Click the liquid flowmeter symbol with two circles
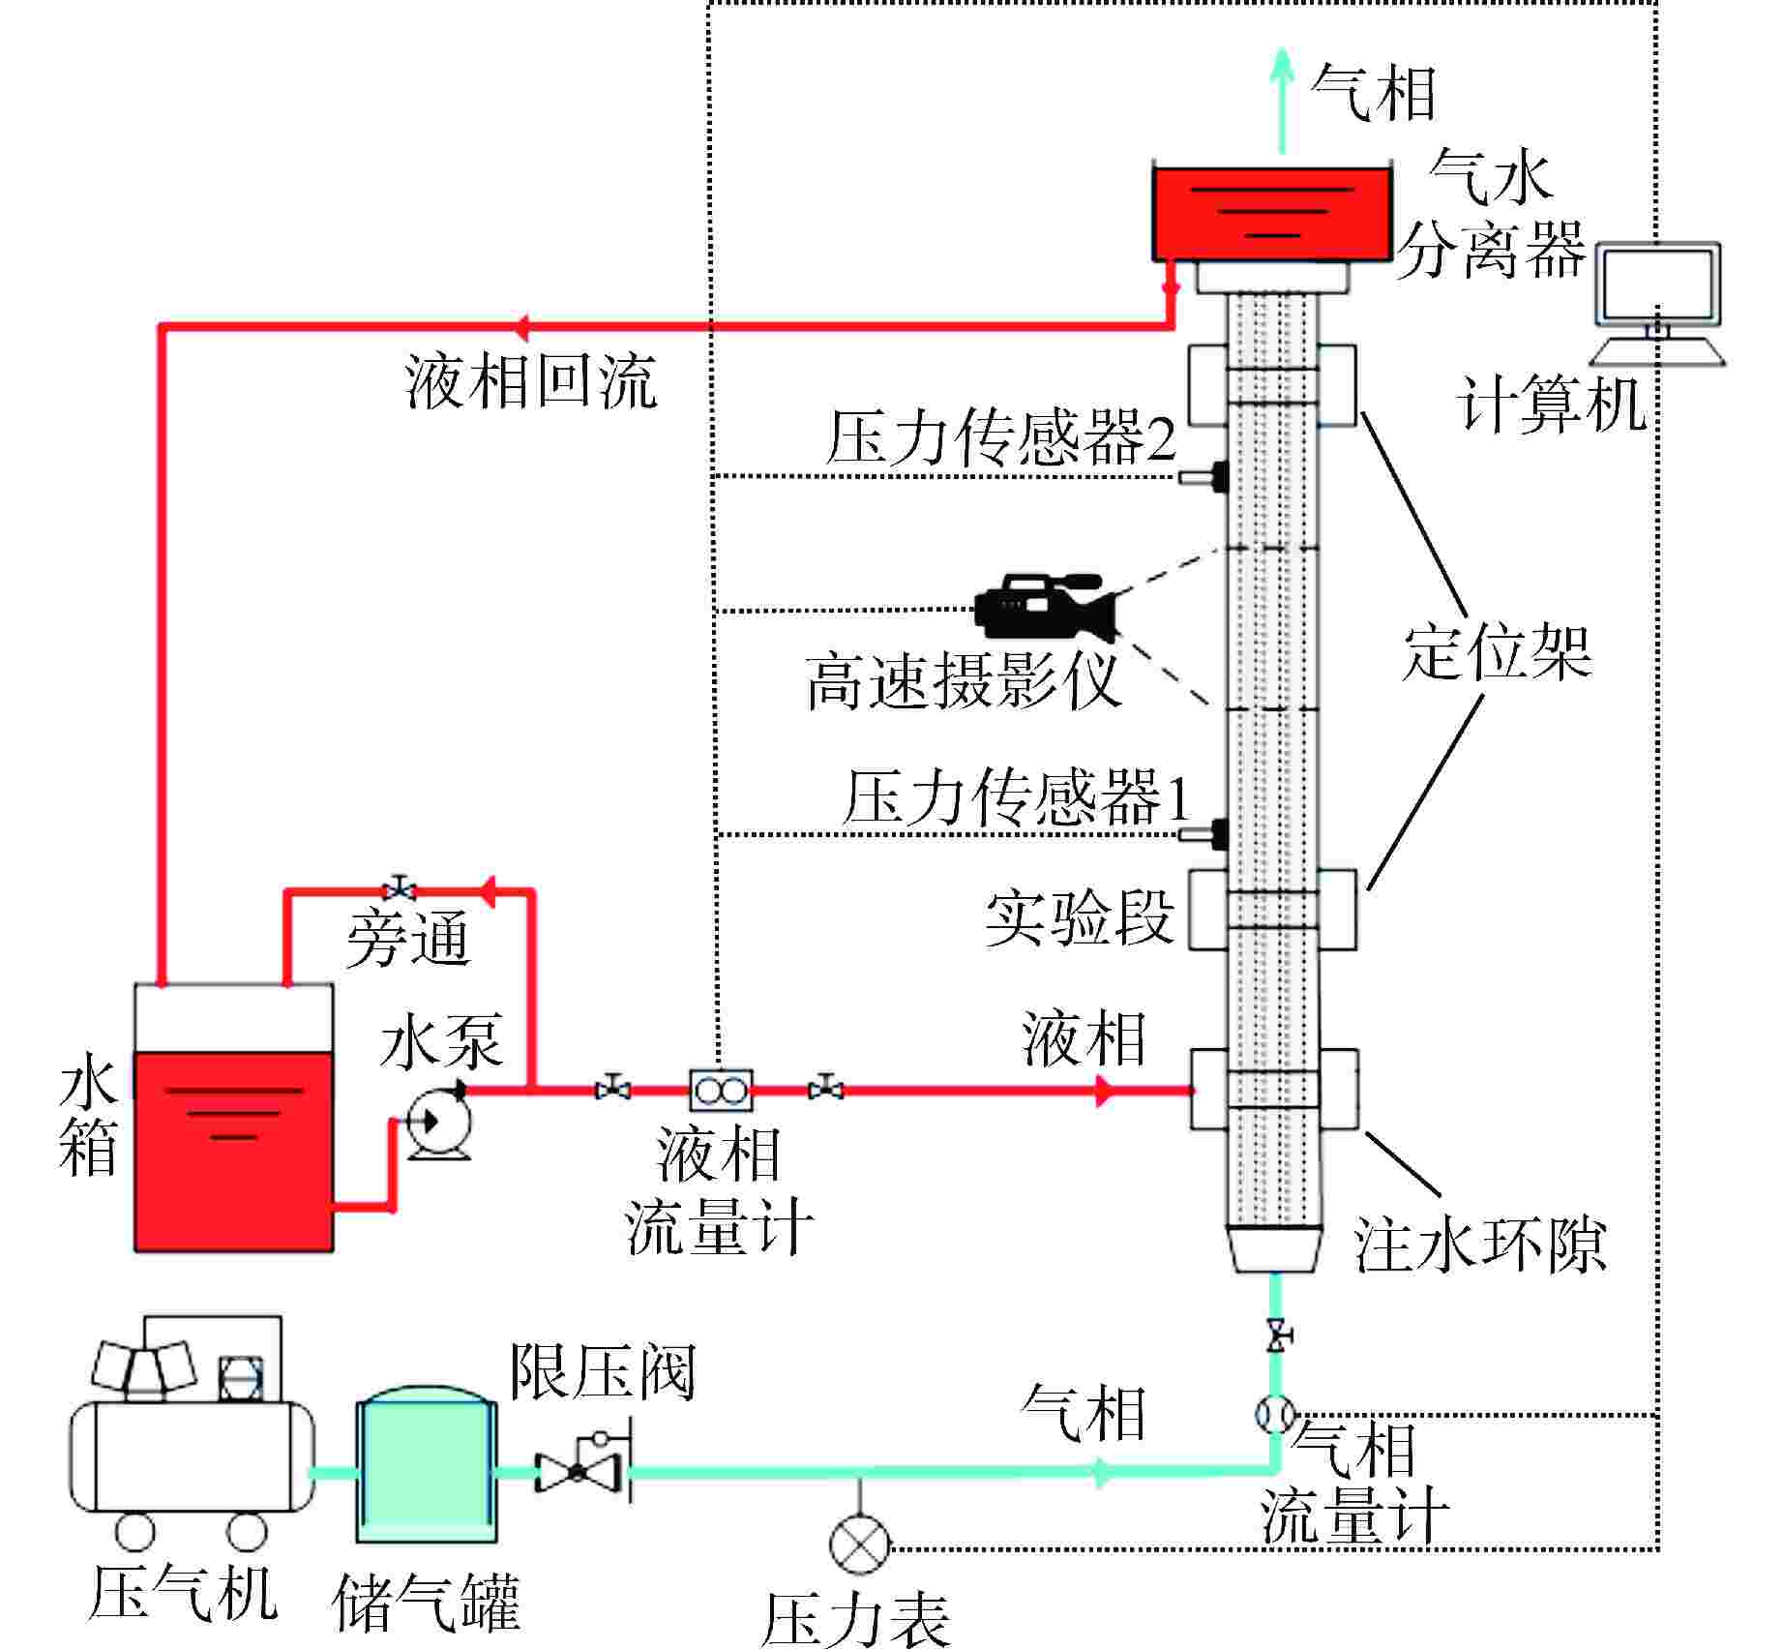click(x=720, y=1091)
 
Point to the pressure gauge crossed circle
click(x=859, y=1543)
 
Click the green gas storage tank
click(x=426, y=1469)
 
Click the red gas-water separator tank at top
click(x=1271, y=215)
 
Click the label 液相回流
click(x=531, y=381)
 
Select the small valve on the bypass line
click(x=399, y=888)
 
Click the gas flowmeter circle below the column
click(x=1274, y=1414)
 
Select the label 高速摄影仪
click(x=963, y=680)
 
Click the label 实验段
click(x=1079, y=917)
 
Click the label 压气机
click(x=182, y=1593)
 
